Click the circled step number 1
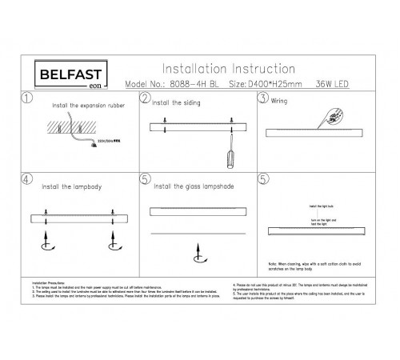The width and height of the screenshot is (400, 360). [x=26, y=99]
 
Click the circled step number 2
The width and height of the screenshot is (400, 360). [x=145, y=98]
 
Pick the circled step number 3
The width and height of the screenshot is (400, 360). [x=262, y=98]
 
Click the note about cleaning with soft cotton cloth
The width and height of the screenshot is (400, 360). [x=316, y=263]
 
